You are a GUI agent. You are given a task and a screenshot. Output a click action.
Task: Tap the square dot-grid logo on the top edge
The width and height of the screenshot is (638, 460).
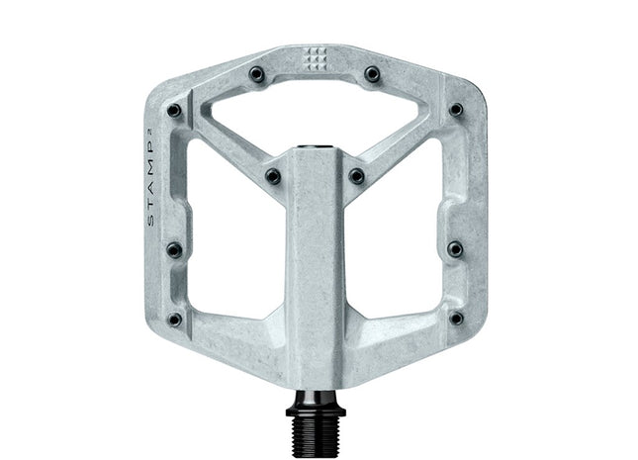pos(314,58)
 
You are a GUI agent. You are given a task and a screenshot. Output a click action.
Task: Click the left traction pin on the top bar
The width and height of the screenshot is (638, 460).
pos(256,73)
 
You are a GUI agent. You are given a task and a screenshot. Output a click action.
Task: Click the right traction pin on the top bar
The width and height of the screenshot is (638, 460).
pos(372,73)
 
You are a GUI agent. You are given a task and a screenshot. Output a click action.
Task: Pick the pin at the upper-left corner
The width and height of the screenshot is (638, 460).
pos(174,110)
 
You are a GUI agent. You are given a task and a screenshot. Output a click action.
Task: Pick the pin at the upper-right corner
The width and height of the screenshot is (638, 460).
pos(455,110)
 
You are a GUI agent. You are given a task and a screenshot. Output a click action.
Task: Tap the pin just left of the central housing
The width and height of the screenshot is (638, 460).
pos(272,177)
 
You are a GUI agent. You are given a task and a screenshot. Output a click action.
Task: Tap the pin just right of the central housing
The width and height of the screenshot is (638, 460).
pos(356,177)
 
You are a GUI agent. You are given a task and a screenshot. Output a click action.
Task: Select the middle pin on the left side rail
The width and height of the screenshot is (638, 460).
pos(174,249)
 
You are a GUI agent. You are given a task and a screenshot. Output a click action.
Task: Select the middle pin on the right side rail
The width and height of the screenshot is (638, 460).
pos(455,249)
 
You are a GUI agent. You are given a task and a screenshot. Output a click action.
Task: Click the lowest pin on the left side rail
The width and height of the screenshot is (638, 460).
pos(174,319)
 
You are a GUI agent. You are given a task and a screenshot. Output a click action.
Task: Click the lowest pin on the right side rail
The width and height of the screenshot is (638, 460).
pos(455,319)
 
